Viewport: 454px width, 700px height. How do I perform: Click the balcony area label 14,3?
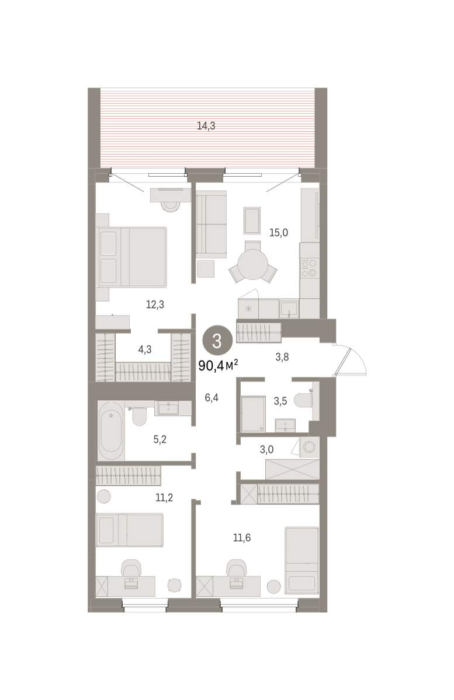(x=206, y=126)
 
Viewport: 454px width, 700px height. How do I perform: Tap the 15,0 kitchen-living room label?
(x=279, y=233)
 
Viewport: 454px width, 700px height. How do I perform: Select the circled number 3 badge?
(x=217, y=341)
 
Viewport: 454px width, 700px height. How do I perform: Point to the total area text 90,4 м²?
(x=218, y=365)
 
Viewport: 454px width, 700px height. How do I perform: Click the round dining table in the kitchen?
(x=252, y=264)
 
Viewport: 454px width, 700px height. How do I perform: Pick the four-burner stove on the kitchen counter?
(x=309, y=268)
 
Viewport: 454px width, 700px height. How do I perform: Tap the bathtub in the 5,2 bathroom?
(x=111, y=431)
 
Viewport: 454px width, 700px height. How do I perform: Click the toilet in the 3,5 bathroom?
(x=303, y=401)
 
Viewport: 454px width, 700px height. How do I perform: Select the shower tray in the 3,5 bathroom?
(x=253, y=414)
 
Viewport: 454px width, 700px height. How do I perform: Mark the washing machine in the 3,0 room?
(x=309, y=447)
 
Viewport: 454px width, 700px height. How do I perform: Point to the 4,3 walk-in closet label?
(x=145, y=349)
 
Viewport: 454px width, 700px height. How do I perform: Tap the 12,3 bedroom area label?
(x=155, y=304)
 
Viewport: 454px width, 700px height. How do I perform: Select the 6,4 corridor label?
(x=212, y=398)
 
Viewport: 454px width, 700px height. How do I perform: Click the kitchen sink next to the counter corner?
(x=289, y=309)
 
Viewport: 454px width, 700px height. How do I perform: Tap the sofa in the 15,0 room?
(x=212, y=225)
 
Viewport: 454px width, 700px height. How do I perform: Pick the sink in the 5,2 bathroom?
(x=168, y=408)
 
